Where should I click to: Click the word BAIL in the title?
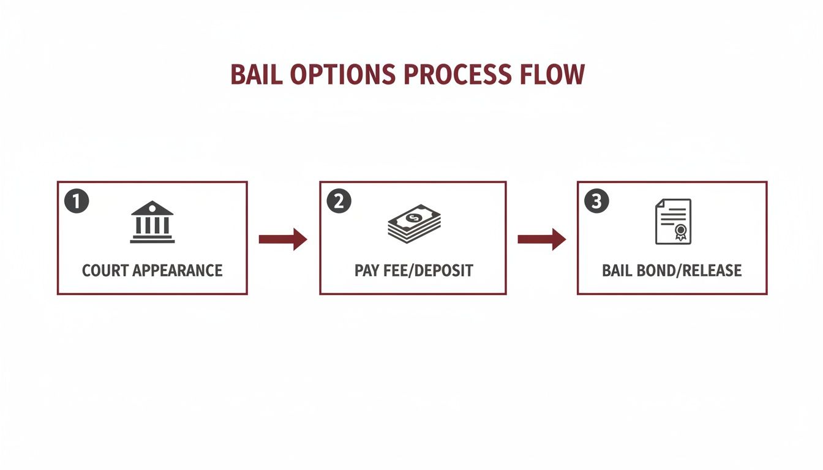(x=257, y=75)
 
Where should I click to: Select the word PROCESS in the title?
(x=457, y=75)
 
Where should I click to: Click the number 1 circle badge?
(x=77, y=201)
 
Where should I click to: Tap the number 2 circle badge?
(x=339, y=201)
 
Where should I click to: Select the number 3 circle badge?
(x=596, y=201)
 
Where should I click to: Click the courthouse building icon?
(x=152, y=222)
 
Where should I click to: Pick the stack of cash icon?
(x=414, y=223)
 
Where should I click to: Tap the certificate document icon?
(x=673, y=222)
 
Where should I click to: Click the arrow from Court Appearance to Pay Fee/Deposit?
(x=283, y=239)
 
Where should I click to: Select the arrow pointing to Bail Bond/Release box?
(x=541, y=239)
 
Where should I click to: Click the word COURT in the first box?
(x=105, y=270)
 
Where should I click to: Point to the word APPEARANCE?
(x=178, y=270)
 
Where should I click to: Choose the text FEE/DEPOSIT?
(x=429, y=270)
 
